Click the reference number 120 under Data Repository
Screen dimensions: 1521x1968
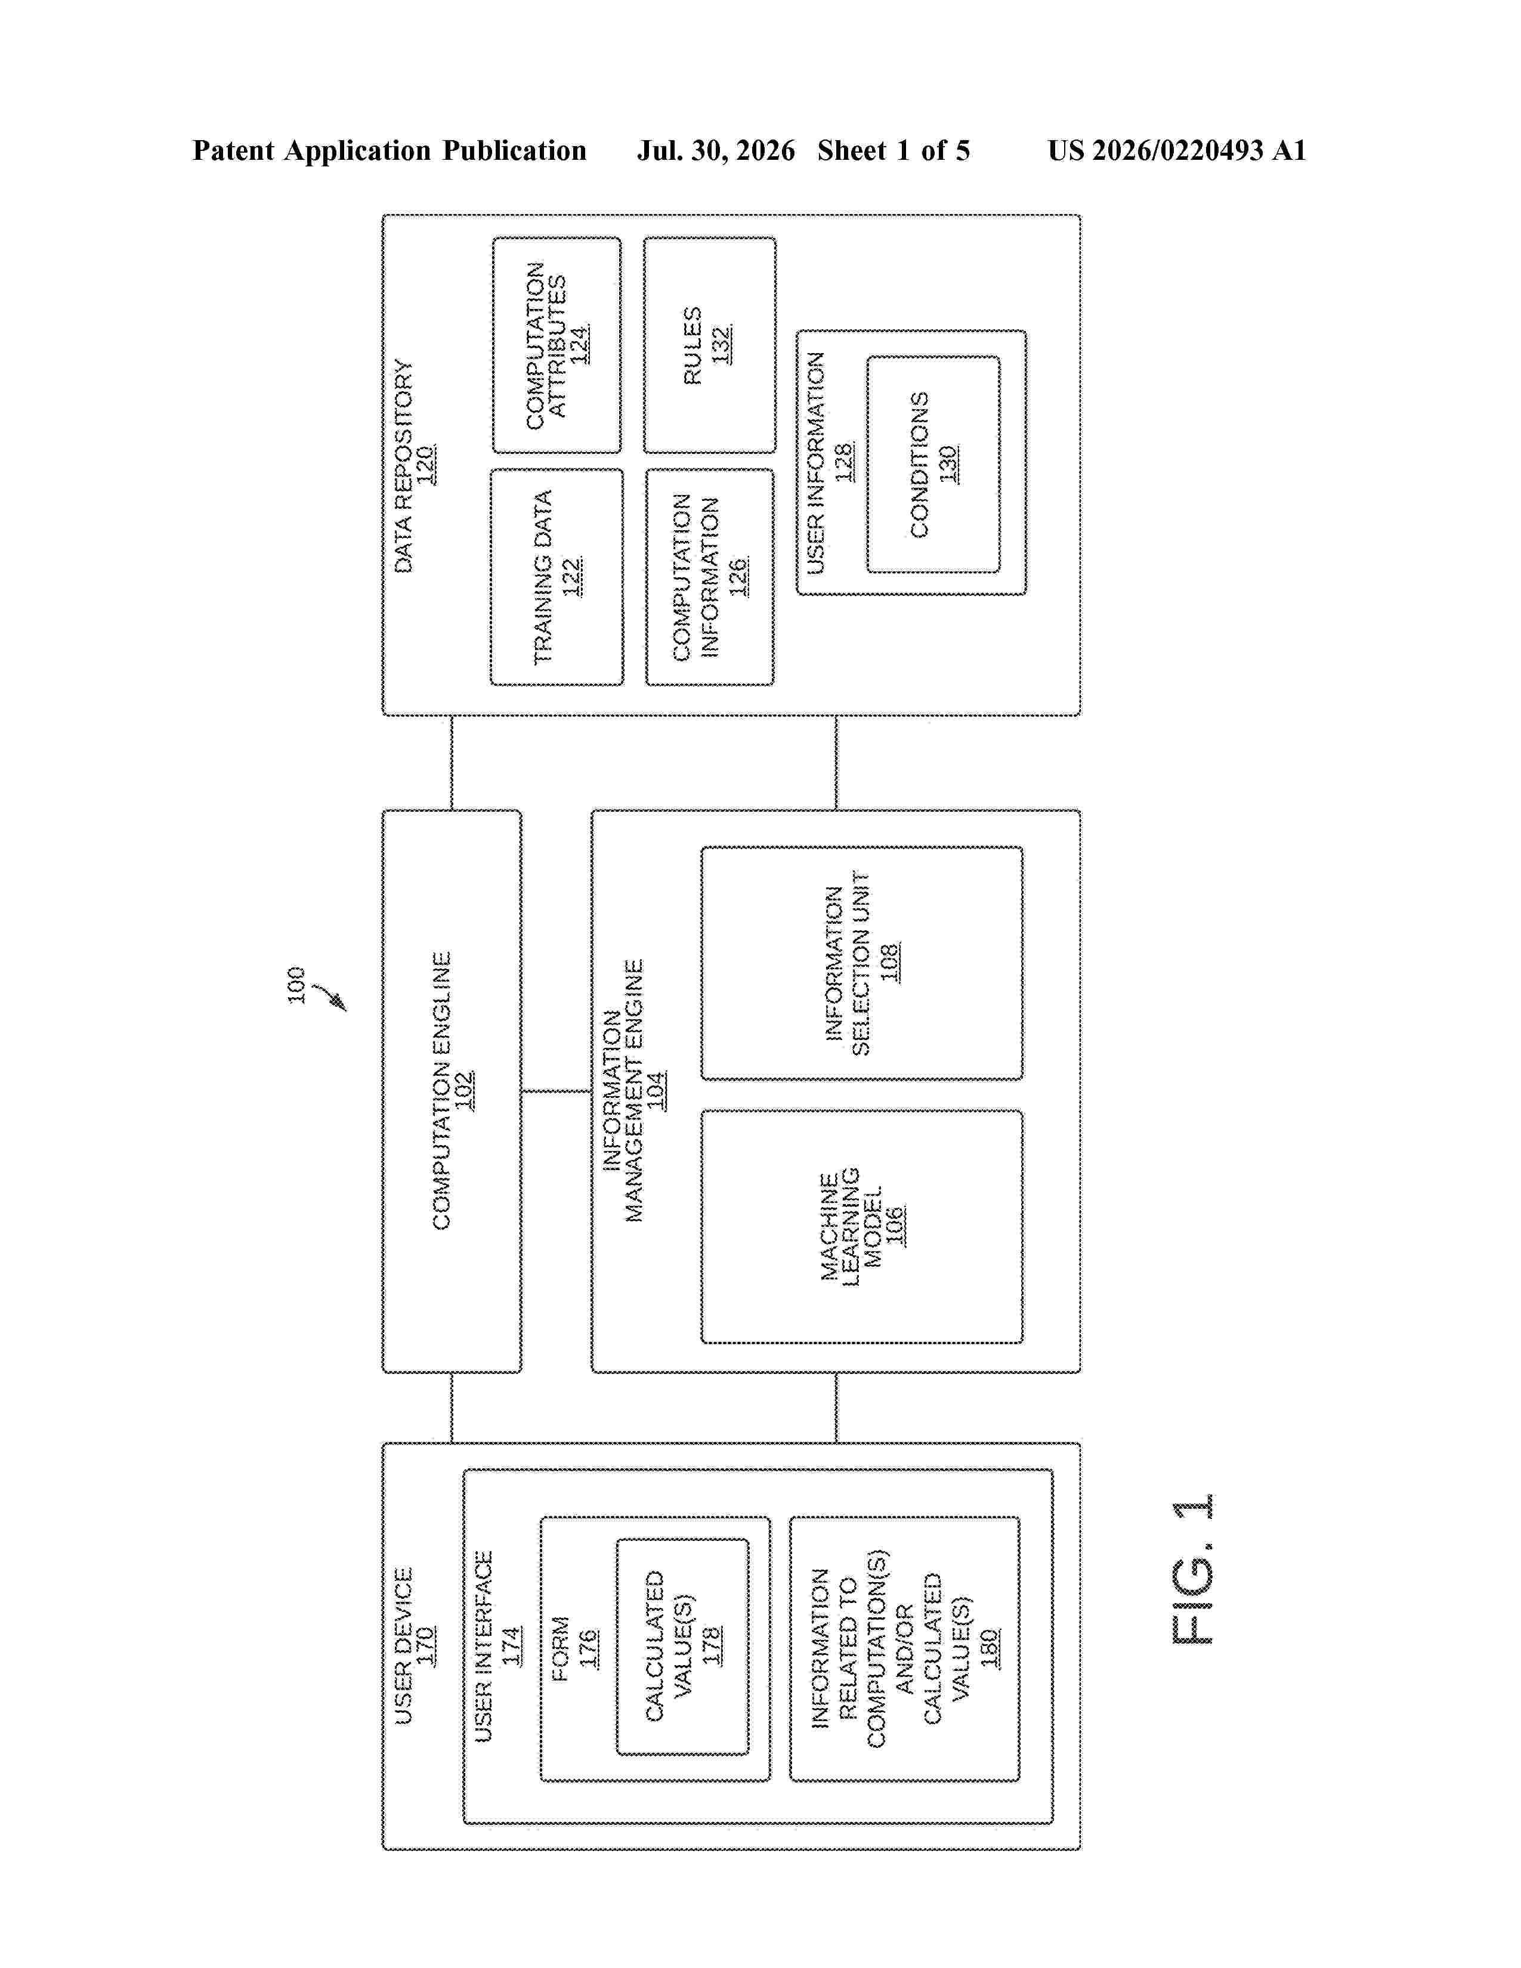(x=425, y=465)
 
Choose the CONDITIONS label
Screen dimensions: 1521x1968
(x=919, y=465)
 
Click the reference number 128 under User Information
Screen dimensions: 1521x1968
(x=844, y=462)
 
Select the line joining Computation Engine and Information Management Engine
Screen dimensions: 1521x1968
(x=556, y=1091)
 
